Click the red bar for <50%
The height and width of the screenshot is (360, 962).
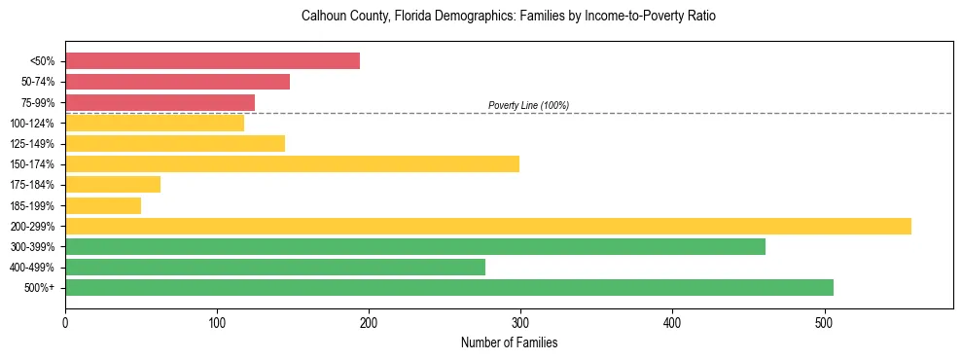coord(212,61)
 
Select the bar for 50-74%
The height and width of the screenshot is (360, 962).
coord(177,82)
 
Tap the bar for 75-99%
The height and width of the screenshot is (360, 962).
coord(160,102)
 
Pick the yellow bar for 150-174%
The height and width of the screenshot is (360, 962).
coord(292,163)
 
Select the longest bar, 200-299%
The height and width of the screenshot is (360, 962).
coord(487,226)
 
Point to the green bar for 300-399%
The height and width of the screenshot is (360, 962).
coord(414,246)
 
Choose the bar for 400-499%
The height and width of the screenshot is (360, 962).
coord(274,267)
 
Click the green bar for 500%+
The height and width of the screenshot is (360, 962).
coord(448,287)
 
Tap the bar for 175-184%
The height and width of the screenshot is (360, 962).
coord(113,185)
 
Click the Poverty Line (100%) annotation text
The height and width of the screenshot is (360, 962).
coord(528,105)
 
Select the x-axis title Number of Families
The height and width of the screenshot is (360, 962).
coord(509,342)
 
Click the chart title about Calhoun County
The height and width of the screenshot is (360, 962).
coord(509,17)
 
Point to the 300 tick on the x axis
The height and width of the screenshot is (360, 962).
coord(520,322)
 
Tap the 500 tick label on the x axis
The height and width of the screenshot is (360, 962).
coord(824,322)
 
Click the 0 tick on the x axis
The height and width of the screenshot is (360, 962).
coord(65,322)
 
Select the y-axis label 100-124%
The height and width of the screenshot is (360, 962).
coord(32,124)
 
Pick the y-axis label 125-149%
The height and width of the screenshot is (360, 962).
coord(32,144)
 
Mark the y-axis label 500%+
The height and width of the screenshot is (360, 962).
coord(39,288)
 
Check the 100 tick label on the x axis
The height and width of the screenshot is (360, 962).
coord(217,322)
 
